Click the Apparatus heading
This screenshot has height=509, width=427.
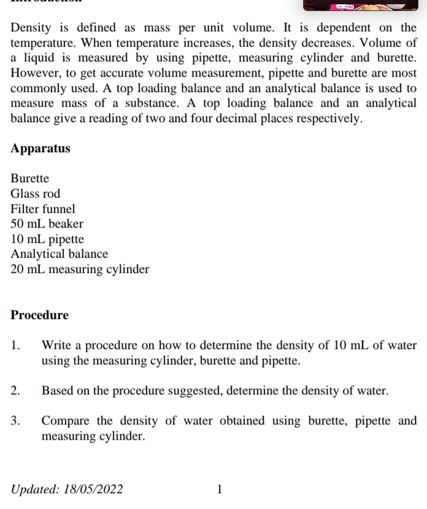40,149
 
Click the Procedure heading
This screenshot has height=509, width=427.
40,315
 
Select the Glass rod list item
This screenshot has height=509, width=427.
36,194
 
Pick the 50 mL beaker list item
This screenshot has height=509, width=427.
47,224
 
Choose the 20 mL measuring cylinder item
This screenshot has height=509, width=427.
80,269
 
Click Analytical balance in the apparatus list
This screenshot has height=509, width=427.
60,254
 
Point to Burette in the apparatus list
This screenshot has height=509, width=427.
30,179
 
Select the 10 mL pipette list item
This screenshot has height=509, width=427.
47,239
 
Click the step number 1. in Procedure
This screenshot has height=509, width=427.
16,345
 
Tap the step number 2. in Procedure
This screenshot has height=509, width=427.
16,391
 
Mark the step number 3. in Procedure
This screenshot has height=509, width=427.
16,421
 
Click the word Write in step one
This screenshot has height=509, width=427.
57,345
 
